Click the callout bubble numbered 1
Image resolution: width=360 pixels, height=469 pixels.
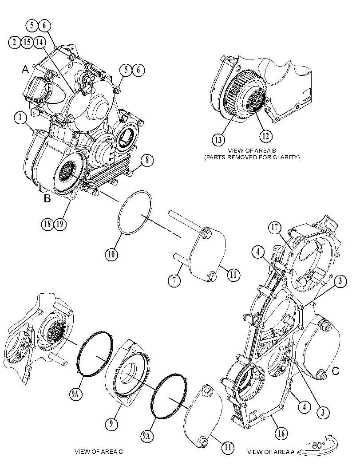tap(20, 118)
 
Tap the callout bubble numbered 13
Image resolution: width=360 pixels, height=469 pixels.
tap(218, 140)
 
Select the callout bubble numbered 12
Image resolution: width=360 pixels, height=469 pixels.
tap(265, 136)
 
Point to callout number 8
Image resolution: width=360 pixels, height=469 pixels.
tap(147, 160)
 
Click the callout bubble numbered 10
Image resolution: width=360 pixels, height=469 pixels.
tap(111, 254)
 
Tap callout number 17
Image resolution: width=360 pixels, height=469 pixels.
tap(274, 227)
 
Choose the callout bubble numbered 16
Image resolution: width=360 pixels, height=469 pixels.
tap(281, 433)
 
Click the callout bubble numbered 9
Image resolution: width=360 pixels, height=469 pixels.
tap(111, 424)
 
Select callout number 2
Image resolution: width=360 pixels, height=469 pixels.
tap(14, 42)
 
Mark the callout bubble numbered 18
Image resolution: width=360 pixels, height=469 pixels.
tap(47, 224)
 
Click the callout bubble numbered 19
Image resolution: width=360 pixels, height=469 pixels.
tap(59, 224)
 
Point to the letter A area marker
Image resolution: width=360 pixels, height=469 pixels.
tap(25, 70)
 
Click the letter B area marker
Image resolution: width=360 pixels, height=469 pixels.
tap(47, 198)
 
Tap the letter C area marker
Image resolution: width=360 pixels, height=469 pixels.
tap(336, 371)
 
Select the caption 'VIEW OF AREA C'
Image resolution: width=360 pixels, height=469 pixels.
tap(99, 452)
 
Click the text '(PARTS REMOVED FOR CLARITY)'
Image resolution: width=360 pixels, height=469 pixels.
tap(252, 157)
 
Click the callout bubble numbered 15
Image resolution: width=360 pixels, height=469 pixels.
tap(27, 42)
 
